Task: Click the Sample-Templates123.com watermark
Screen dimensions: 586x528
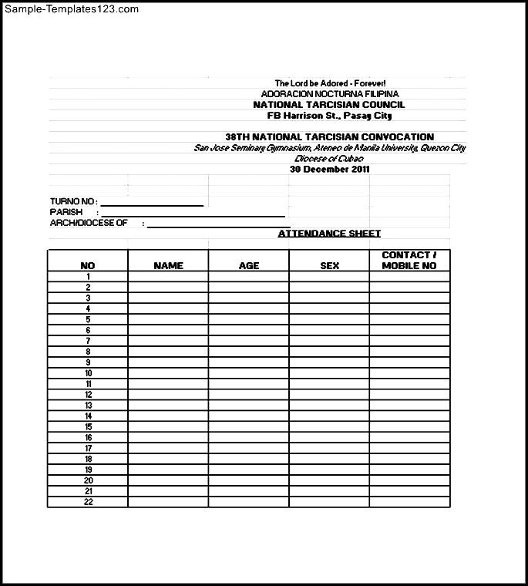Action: [70, 9]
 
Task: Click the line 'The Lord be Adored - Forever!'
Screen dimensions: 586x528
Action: [330, 83]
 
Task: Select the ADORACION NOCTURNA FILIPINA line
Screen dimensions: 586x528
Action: [330, 94]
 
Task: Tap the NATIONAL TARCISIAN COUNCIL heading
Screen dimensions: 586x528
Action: [329, 105]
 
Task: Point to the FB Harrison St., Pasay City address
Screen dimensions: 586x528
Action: [329, 116]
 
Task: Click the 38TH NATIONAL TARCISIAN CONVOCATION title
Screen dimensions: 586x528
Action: [329, 137]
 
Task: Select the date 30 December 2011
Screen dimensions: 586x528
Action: [330, 169]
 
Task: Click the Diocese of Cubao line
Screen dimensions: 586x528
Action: [329, 158]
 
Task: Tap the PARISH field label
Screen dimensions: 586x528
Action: [66, 212]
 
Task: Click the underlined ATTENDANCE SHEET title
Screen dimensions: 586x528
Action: [329, 234]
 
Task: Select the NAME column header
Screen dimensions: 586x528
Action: [168, 266]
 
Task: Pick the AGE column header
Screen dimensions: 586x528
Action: [249, 266]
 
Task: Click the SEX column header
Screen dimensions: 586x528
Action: [329, 266]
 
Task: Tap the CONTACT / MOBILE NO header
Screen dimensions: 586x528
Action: [409, 261]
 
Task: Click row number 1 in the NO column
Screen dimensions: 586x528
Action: [88, 277]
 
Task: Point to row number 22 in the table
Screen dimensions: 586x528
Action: [88, 502]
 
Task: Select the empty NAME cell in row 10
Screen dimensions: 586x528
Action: [168, 373]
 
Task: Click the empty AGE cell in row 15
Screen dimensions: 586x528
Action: [249, 427]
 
